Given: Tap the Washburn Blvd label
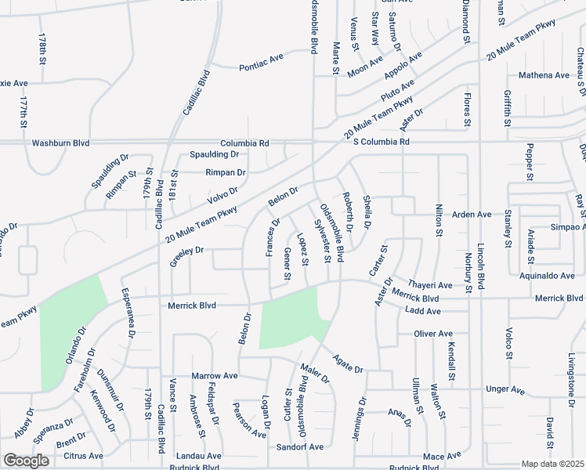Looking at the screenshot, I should [x=60, y=143].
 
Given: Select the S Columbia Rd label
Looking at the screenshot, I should [x=381, y=142].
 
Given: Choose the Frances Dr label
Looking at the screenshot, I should [x=273, y=237].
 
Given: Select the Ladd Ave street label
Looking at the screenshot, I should [x=422, y=311].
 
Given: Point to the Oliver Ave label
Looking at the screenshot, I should [x=434, y=334].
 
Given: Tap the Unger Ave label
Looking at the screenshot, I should [x=507, y=389].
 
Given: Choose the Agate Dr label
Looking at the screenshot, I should [x=348, y=363].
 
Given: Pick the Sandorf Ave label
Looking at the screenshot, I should [x=299, y=446].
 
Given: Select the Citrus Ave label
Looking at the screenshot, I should [x=84, y=455].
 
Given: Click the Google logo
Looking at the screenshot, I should [x=26, y=461].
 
